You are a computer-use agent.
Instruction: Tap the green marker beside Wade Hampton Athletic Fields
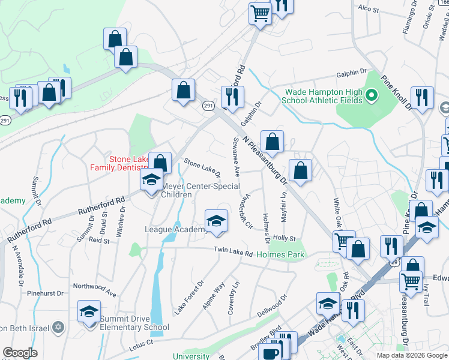pos(371,95)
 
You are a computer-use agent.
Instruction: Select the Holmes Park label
pos(280,254)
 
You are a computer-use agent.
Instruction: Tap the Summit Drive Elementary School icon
pos(89,311)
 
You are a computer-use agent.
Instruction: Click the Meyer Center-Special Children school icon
pos(151,180)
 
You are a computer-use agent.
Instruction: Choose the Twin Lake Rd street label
pos(234,251)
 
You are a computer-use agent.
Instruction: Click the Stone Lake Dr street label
pos(202,168)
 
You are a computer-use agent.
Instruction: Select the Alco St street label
pos(369,10)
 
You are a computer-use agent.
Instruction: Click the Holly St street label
pos(285,239)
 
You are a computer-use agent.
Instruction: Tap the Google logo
pos(20,353)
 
